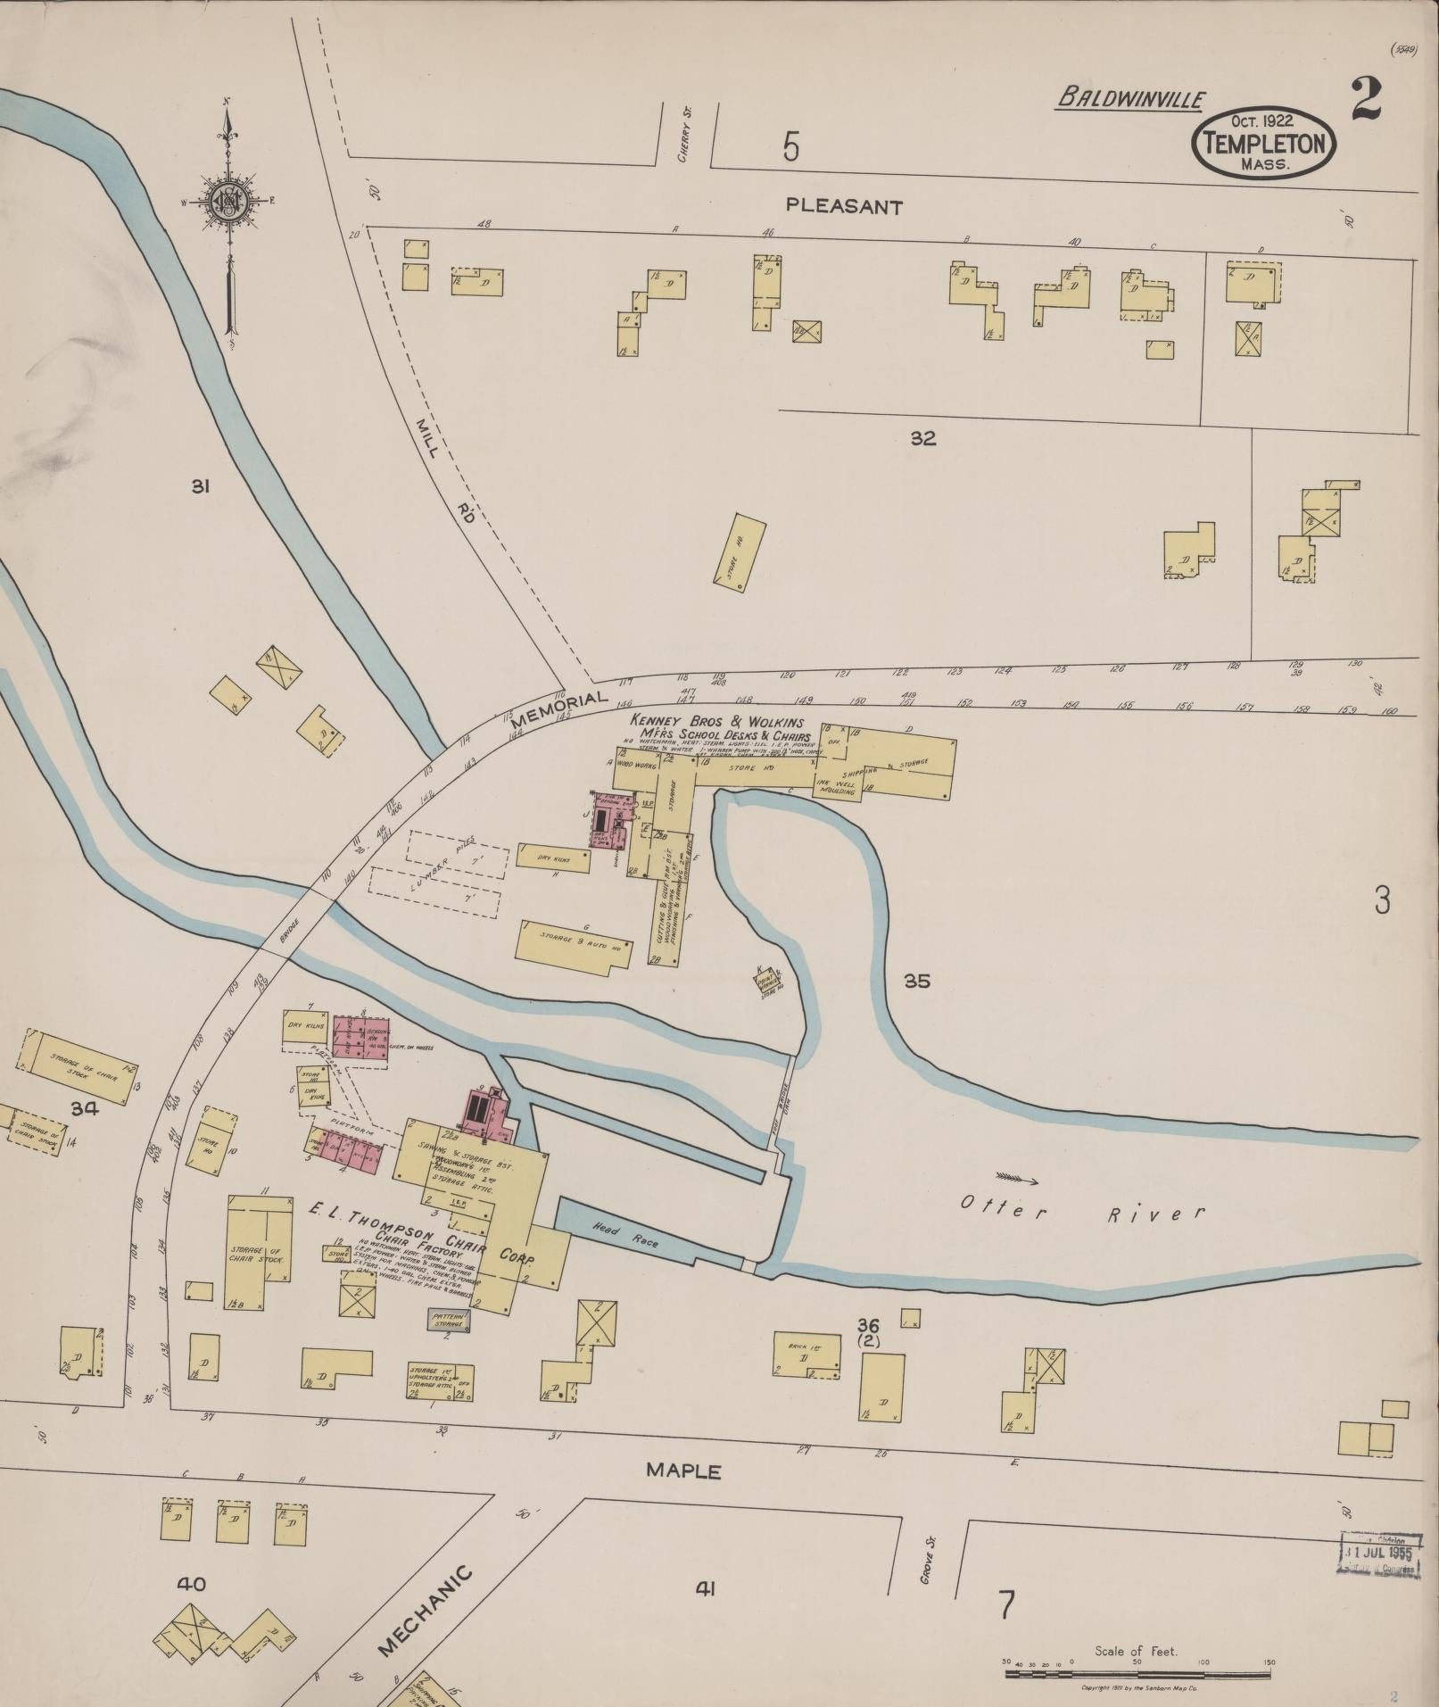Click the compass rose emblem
[x=230, y=203]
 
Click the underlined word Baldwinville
[x=1130, y=99]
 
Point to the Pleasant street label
[x=844, y=207]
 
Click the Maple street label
[x=684, y=1471]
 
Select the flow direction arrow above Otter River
[x=1016, y=1178]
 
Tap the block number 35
[x=916, y=981]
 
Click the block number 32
[x=922, y=438]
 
